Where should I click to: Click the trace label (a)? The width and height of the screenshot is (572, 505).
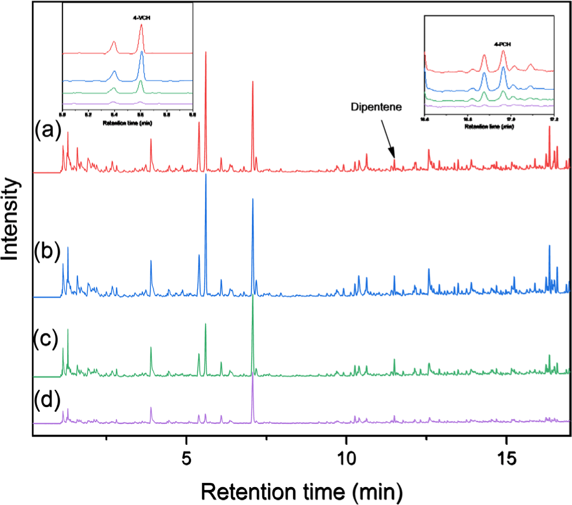[x=48, y=132]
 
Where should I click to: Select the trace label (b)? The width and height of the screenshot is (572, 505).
[x=48, y=253]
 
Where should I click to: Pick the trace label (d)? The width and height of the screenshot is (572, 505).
[x=48, y=400]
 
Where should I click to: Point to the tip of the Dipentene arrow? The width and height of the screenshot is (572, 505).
[x=395, y=158]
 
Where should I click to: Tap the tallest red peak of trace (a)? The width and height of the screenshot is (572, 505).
[x=206, y=52]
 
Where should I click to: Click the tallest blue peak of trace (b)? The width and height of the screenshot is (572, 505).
[x=206, y=175]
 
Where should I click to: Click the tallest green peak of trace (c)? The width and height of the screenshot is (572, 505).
[x=253, y=297]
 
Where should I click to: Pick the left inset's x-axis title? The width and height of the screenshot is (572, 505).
[x=127, y=123]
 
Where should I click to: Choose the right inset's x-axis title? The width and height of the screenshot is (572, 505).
[x=489, y=126]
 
